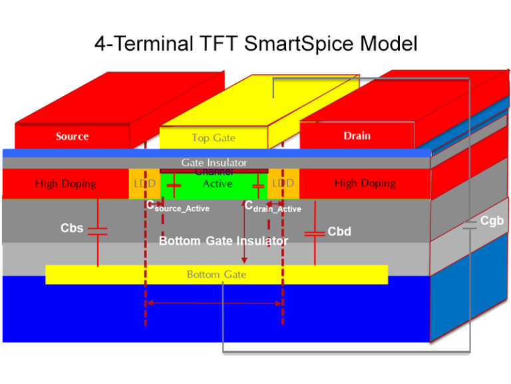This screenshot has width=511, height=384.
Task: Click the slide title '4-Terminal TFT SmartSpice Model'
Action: coord(255,44)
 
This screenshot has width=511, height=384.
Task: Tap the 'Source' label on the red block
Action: coord(72,136)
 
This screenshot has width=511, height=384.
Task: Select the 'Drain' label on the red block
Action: coord(357,136)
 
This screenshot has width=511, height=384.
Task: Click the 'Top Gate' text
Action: coord(214,138)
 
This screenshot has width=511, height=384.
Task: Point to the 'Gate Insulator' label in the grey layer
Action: coord(214,162)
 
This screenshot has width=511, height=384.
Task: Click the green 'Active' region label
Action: coord(217,183)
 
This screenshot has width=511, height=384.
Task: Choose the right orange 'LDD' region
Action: coord(283,183)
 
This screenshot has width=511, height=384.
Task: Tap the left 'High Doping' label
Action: coord(65,183)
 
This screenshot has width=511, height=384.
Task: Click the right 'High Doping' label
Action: coord(365,183)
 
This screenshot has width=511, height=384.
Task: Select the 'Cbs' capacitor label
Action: coord(72,228)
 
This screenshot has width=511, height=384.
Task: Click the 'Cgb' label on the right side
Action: coord(492,220)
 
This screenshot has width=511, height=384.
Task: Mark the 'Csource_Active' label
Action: coord(178,206)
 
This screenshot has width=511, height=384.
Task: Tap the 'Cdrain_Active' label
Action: coord(273,207)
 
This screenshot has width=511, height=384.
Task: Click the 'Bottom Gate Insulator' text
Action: coord(223,241)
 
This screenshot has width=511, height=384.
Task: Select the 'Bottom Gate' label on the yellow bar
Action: coord(216,274)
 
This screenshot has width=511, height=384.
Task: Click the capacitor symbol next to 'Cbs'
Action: coord(98,231)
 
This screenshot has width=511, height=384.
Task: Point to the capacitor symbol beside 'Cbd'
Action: coord(314,233)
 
